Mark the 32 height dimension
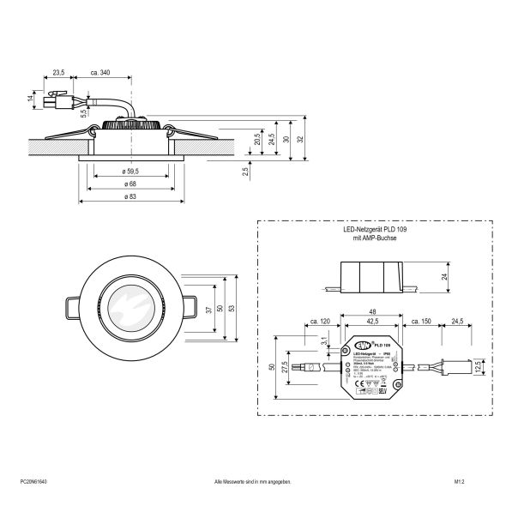tap(299, 137)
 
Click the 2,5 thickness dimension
tap(246, 172)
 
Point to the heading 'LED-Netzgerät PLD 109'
tap(370, 231)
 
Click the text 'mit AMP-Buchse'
tap(370, 239)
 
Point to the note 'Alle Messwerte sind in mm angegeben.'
tap(253, 484)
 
